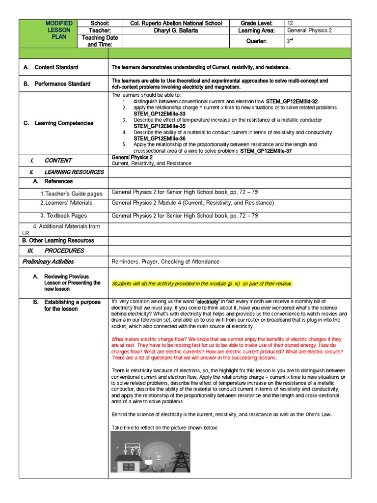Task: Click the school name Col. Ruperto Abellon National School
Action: pos(176,23)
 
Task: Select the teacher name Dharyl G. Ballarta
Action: pos(176,30)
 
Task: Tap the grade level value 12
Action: pos(290,23)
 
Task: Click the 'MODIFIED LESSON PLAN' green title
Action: pos(58,30)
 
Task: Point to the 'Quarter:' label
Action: pos(256,41)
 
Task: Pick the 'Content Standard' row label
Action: pos(56,67)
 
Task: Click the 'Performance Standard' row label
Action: pos(62,84)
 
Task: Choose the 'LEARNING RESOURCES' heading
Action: pos(74,172)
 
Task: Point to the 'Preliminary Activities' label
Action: pos(48,262)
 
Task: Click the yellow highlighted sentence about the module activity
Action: pos(202,283)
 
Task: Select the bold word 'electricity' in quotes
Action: pos(208,302)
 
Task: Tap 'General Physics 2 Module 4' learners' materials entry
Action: pos(192,203)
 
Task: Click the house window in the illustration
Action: pos(129,467)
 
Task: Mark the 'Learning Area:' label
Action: pos(256,30)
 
